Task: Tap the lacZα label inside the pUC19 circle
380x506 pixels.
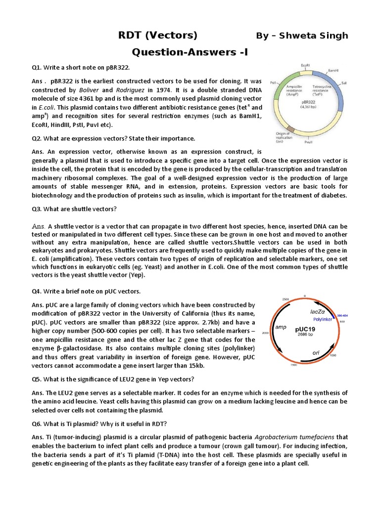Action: coord(318,312)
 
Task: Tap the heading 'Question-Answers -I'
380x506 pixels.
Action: coord(190,52)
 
